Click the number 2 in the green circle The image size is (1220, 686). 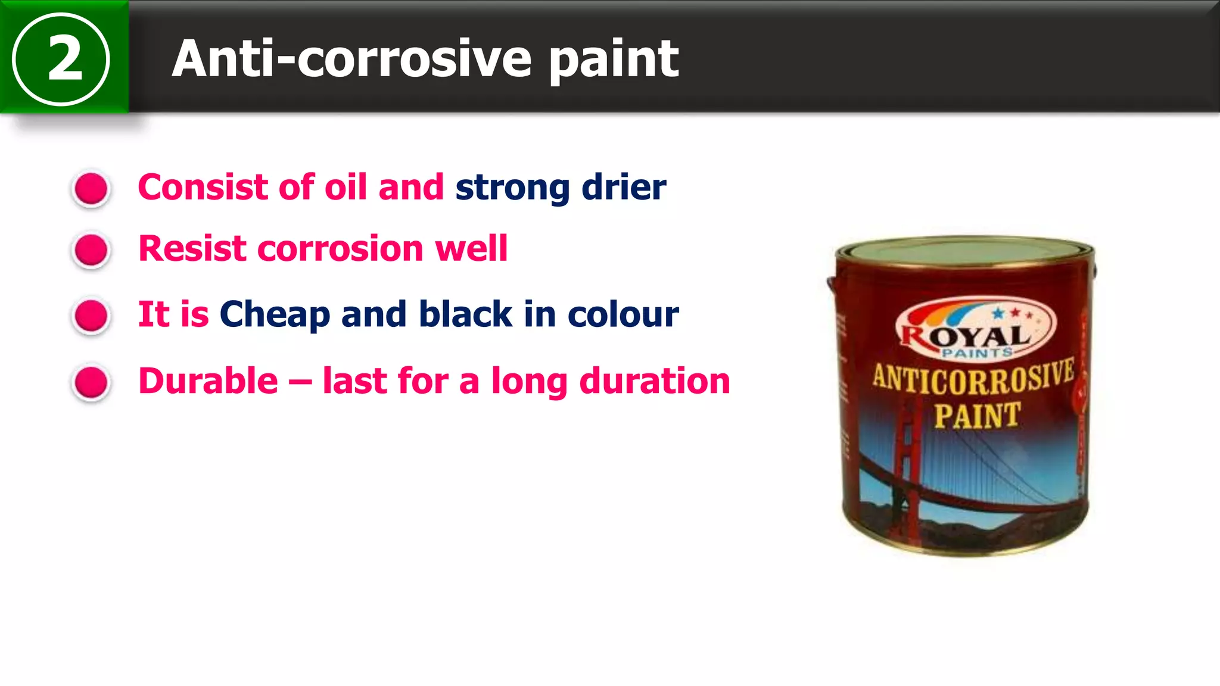[x=64, y=58]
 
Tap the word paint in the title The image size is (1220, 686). [x=614, y=60]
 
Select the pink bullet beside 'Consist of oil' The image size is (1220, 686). [x=91, y=189]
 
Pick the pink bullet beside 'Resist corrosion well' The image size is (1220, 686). [x=91, y=250]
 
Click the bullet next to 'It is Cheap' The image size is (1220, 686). [x=91, y=315]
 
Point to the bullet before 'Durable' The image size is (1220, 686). [x=91, y=382]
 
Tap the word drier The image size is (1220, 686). [x=624, y=187]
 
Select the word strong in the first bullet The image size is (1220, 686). [x=512, y=188]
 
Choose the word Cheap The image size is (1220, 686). [x=275, y=315]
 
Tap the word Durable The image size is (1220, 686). [x=208, y=381]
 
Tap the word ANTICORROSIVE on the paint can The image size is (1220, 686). [x=973, y=378]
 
